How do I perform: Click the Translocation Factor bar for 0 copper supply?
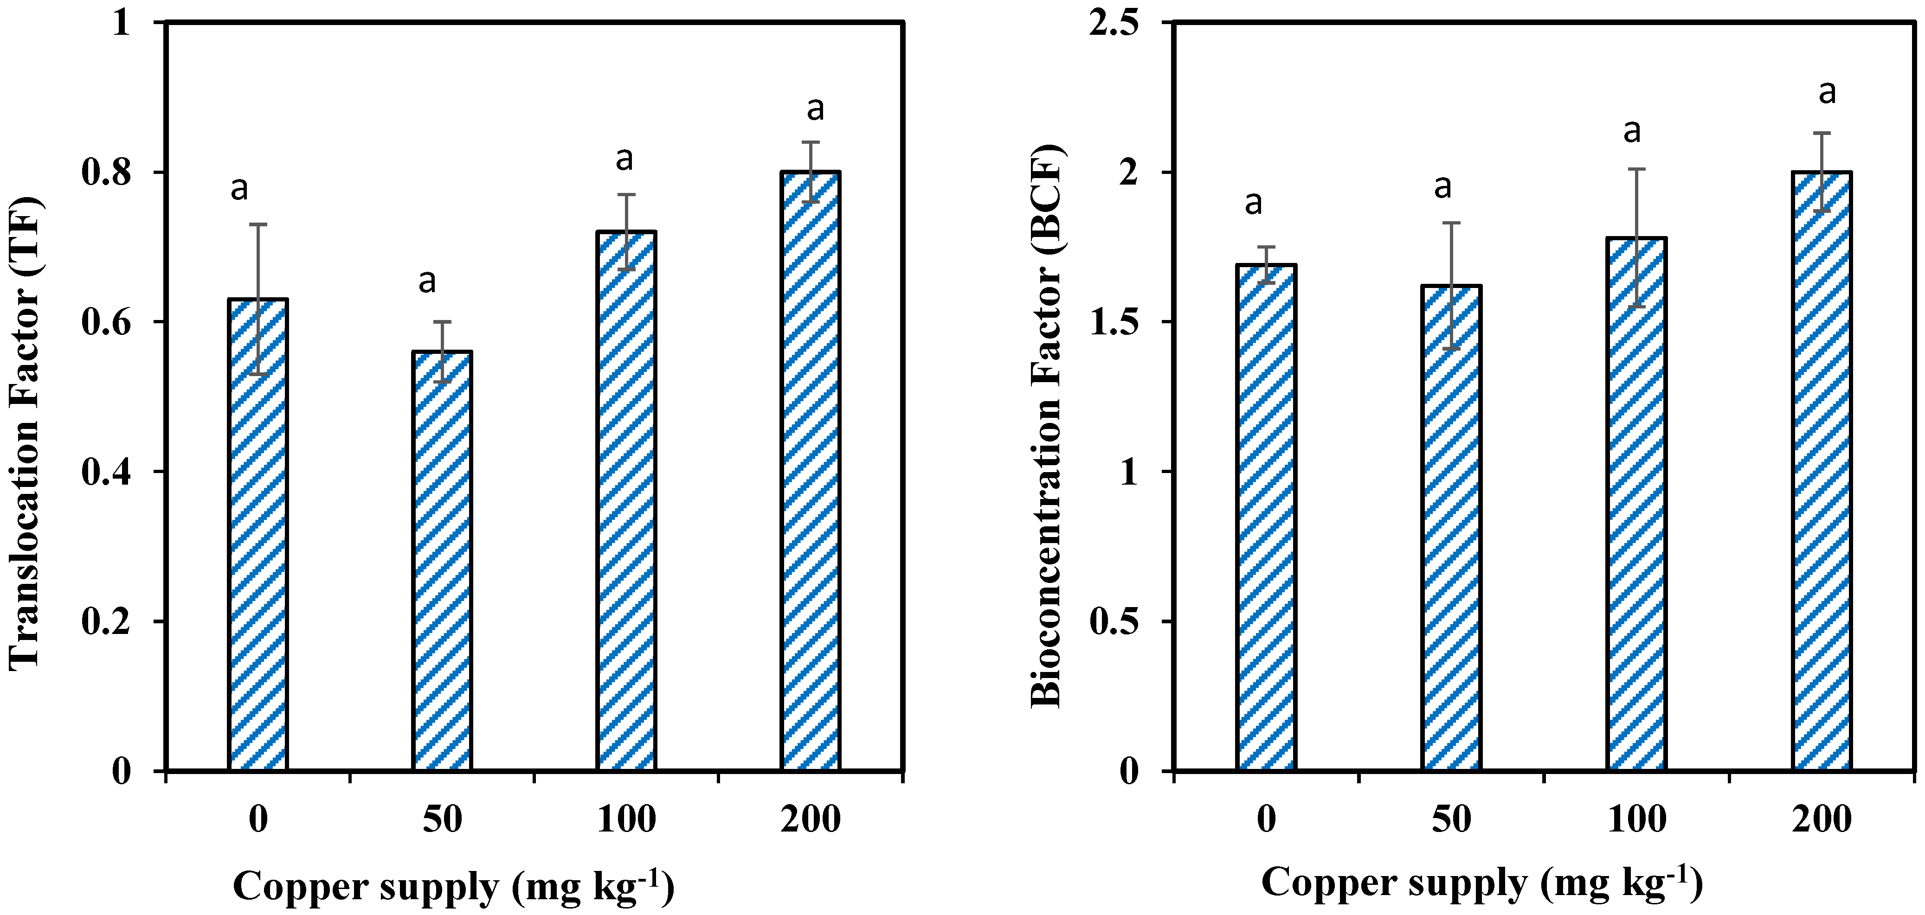[258, 534]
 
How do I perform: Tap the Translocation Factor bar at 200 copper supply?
[811, 471]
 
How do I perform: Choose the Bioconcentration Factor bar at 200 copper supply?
[1821, 471]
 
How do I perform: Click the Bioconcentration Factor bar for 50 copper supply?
[1451, 527]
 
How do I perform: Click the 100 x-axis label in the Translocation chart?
[626, 819]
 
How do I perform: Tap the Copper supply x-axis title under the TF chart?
[454, 887]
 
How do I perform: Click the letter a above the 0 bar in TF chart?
[239, 188]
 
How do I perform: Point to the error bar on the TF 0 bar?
[258, 299]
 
